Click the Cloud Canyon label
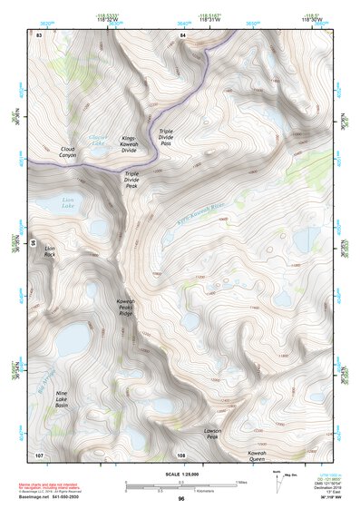click(x=68, y=152)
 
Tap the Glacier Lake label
click(x=97, y=140)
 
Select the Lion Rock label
click(x=50, y=251)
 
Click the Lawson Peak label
click(x=213, y=435)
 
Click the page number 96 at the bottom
click(x=180, y=499)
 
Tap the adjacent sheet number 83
click(x=39, y=34)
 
